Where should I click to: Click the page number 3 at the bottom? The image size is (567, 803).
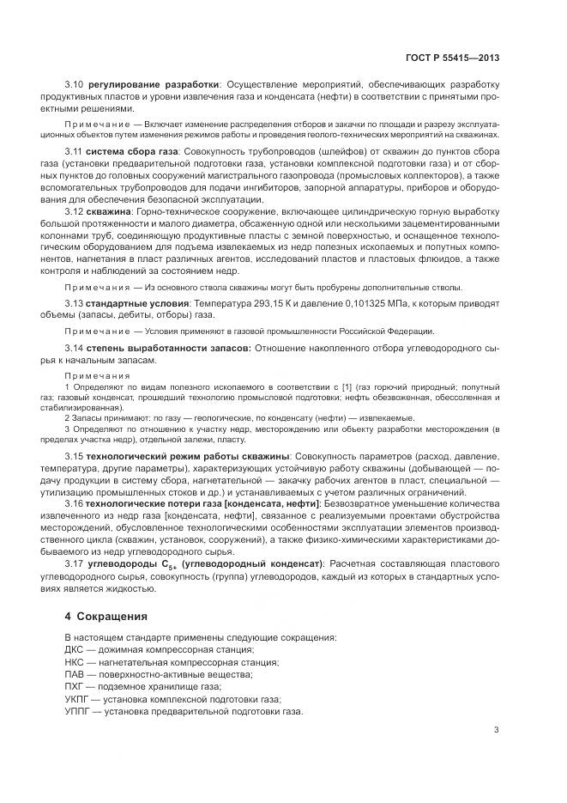click(x=496, y=730)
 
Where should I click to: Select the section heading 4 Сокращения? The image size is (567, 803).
click(x=106, y=617)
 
